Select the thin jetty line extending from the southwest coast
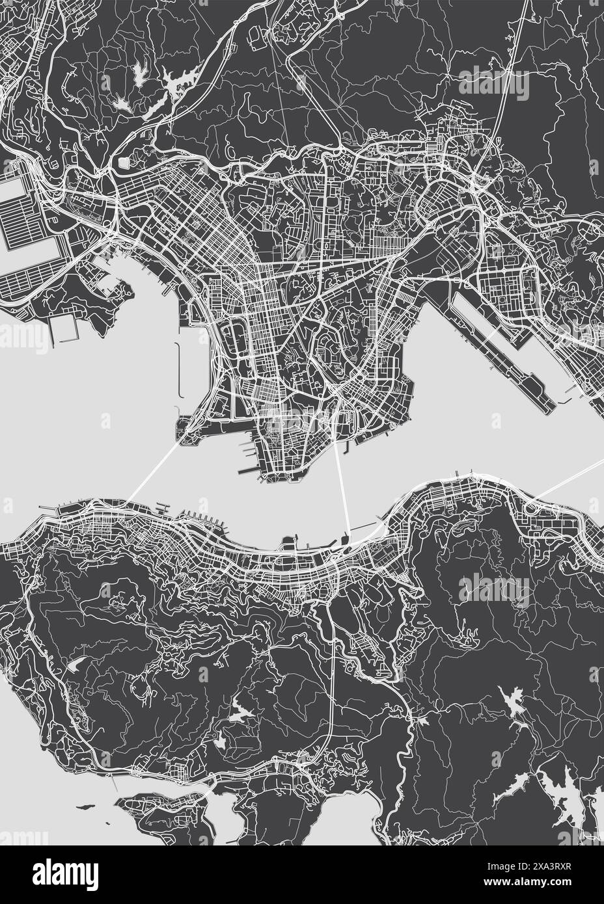pos(114,784)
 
